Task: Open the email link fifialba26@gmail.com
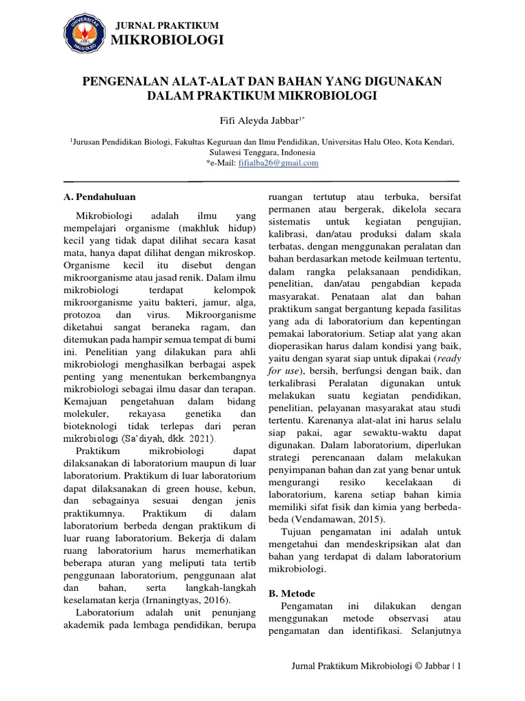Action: click(x=268, y=164)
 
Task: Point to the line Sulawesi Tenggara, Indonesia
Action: click(x=262, y=153)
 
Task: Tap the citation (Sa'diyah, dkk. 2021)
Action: click(x=167, y=437)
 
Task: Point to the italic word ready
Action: click(x=448, y=357)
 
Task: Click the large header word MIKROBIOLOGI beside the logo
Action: click(x=167, y=42)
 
